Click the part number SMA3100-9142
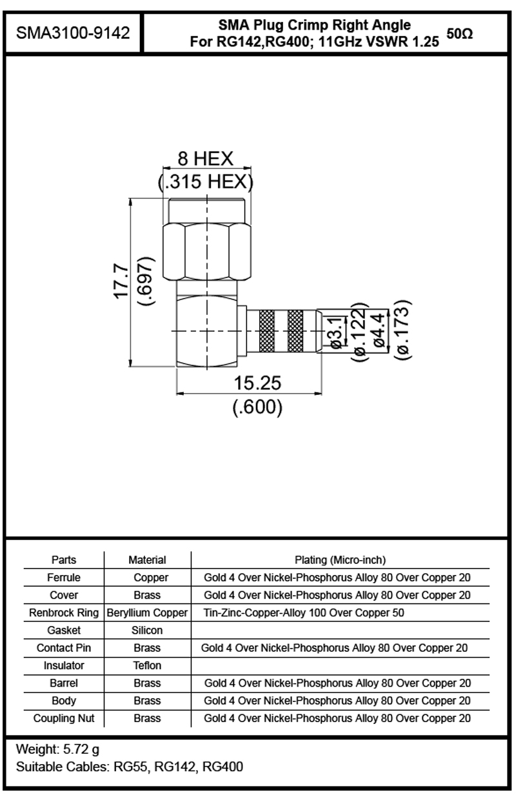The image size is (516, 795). click(73, 33)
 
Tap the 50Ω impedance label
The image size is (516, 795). click(459, 34)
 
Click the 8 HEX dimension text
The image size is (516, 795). click(205, 158)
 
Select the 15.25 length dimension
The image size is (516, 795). click(257, 383)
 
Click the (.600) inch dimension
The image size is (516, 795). click(257, 407)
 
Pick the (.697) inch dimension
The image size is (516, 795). click(146, 281)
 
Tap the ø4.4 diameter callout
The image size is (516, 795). click(379, 330)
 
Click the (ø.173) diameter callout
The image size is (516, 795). click(404, 330)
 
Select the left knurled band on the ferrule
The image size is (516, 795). click(266, 331)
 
